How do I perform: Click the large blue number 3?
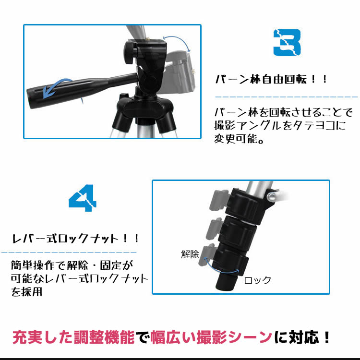coord(287,42)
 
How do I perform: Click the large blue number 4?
coord(83,198)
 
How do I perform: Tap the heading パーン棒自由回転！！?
coord(271,79)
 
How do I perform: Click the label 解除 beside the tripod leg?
coord(190,254)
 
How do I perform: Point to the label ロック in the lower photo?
coord(257,280)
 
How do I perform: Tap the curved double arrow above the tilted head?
coord(177,43)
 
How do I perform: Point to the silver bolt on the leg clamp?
coord(272,196)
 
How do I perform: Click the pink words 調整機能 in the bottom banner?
coord(104,337)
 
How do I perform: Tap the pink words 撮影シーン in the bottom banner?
coord(234,337)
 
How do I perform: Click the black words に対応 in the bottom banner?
coord(297,337)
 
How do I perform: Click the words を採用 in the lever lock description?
coord(26,291)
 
